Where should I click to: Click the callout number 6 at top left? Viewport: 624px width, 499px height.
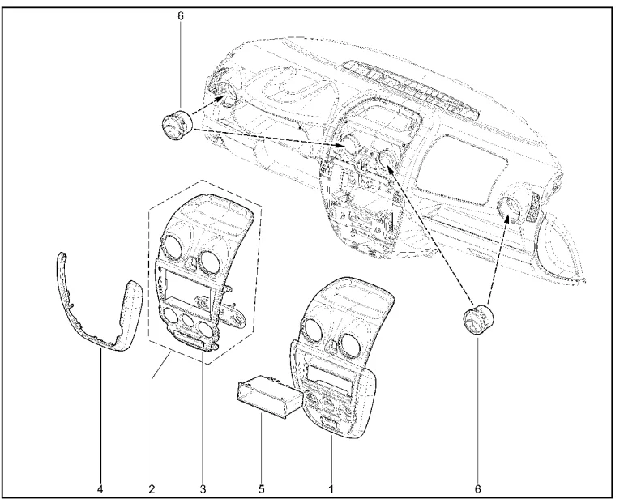click(x=181, y=16)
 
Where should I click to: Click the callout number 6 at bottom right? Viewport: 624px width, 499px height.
click(x=478, y=488)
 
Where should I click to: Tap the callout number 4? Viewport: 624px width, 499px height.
click(x=100, y=488)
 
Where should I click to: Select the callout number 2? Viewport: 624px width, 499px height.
click(x=152, y=488)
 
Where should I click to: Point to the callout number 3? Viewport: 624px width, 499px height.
click(x=203, y=488)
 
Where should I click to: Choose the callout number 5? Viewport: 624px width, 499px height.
click(x=262, y=488)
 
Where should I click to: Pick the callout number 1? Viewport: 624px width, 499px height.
click(x=331, y=488)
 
